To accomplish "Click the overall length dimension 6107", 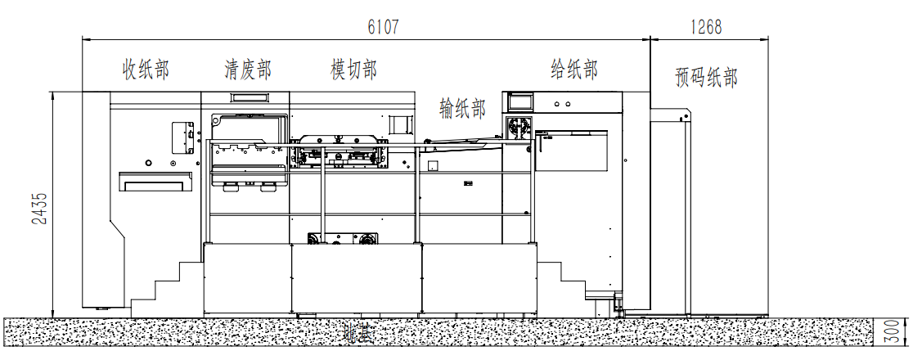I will tap(383, 27).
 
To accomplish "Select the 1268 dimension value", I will tap(706, 27).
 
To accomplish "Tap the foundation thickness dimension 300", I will tap(898, 331).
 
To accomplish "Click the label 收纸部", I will tap(146, 70).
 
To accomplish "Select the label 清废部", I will tap(248, 70).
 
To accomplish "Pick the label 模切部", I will tap(353, 70).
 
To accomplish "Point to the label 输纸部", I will tap(462, 107).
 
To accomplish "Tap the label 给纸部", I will tap(574, 70).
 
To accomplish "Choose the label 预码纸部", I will tap(707, 78).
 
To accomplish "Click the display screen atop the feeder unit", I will tap(520, 102).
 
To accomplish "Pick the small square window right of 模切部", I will tap(398, 125).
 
